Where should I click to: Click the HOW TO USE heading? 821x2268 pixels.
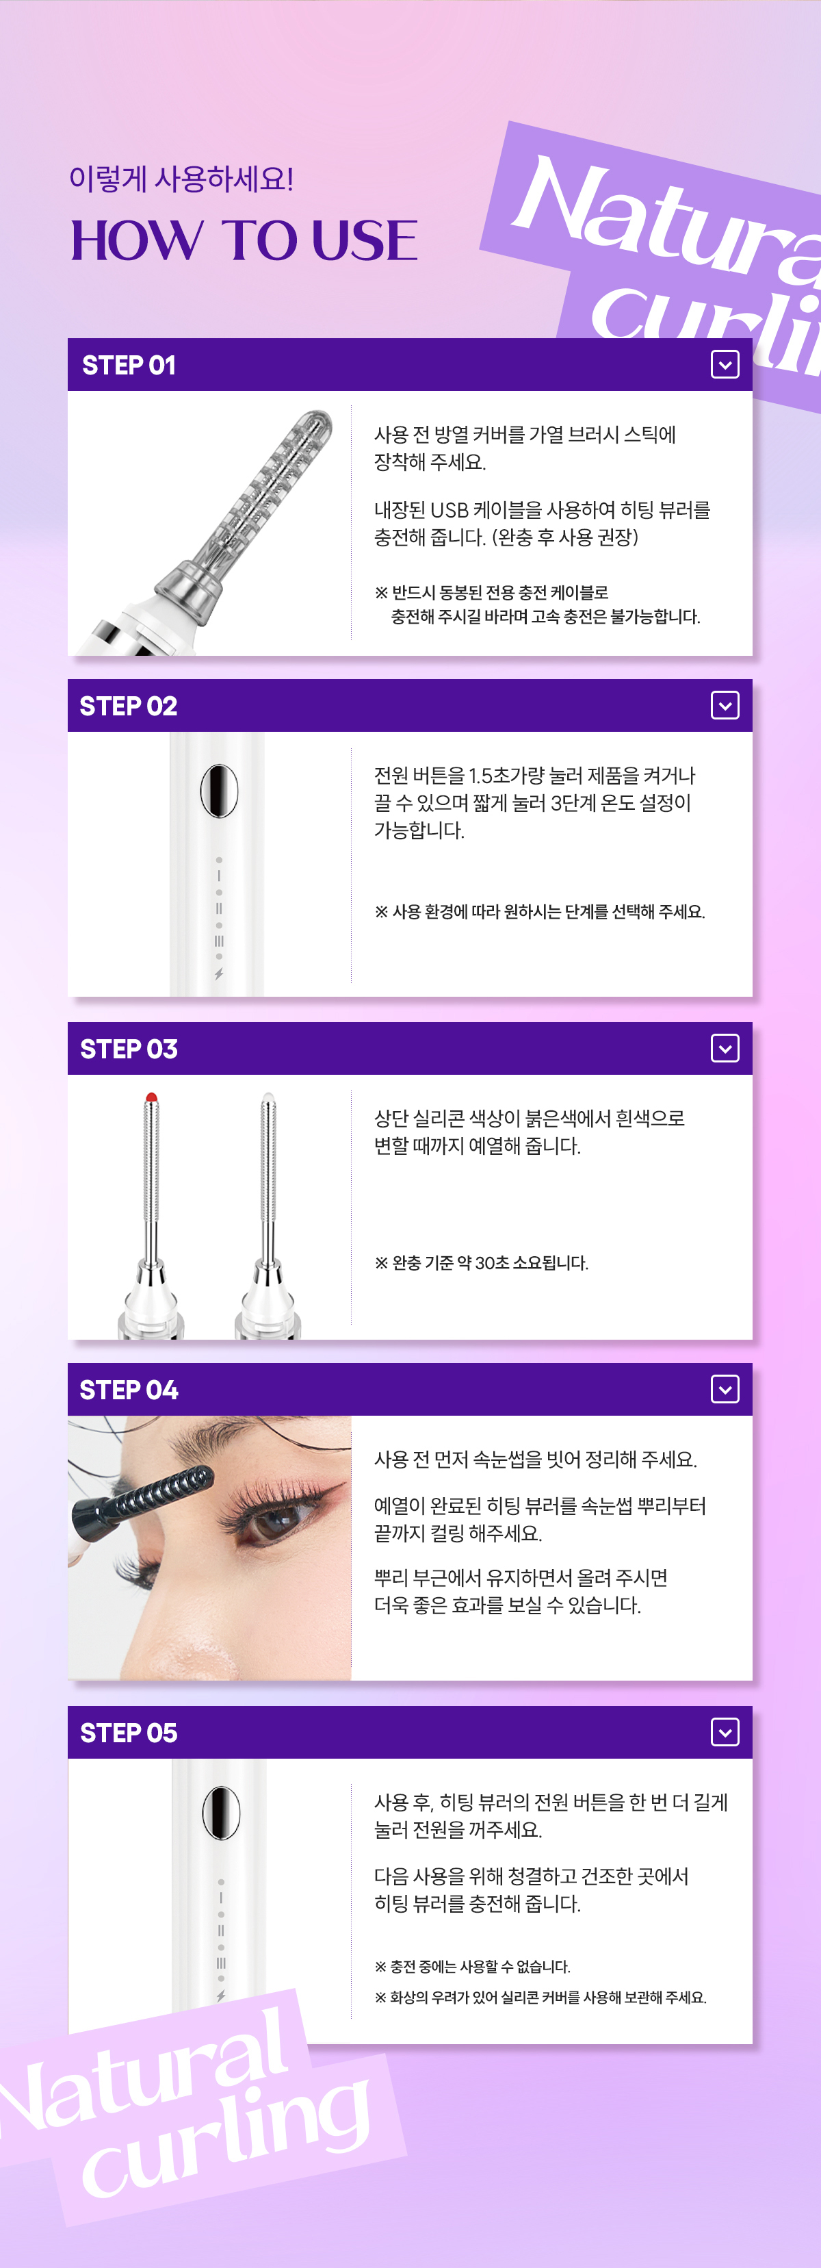(244, 240)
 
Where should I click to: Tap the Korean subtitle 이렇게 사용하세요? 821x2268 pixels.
(181, 179)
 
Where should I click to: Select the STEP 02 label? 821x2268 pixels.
(129, 706)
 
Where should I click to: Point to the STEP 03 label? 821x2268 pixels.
(129, 1049)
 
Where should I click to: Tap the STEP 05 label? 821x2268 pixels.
(129, 1733)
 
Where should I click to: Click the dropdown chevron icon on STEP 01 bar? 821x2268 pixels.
(725, 364)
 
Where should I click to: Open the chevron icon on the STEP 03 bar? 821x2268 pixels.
(725, 1049)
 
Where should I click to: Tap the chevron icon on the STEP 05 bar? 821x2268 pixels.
(725, 1733)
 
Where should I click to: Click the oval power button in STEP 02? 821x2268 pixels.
(219, 791)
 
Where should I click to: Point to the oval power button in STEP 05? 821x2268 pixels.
(221, 1813)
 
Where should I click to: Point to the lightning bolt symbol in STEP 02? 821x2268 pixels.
(219, 973)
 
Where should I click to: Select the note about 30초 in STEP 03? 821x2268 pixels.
(482, 1262)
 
